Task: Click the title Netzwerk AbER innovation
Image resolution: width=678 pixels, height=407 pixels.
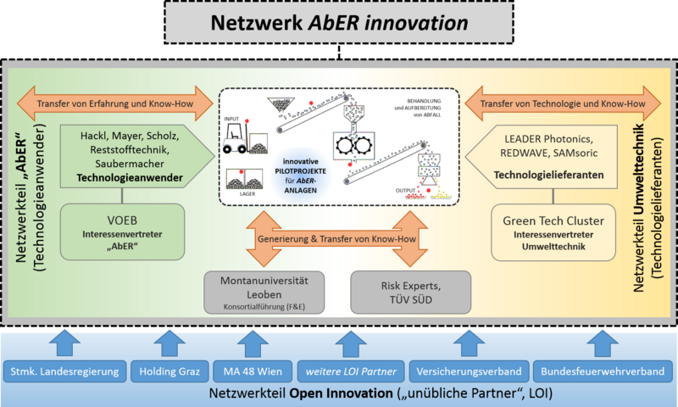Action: [338, 23]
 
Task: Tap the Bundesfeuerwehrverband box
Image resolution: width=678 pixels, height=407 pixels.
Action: [603, 371]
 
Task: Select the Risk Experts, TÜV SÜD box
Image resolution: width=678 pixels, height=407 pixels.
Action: [410, 292]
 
